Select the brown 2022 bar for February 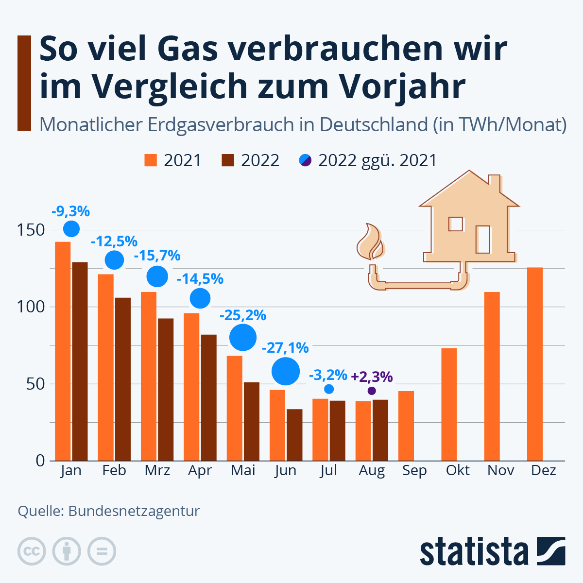pos(123,379)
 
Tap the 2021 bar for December pos(535,364)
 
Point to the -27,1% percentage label pos(285,348)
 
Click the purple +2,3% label pos(372,377)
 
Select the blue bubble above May pos(242,337)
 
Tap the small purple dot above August pos(372,391)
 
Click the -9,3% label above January pos(70,211)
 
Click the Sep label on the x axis pos(414,471)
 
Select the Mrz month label pos(157,471)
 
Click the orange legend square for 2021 pos(151,160)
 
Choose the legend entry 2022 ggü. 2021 pos(368,160)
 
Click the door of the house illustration pos(483,239)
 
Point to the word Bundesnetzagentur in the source pos(134,511)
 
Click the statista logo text pos(474,551)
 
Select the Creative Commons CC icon pos(32,551)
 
